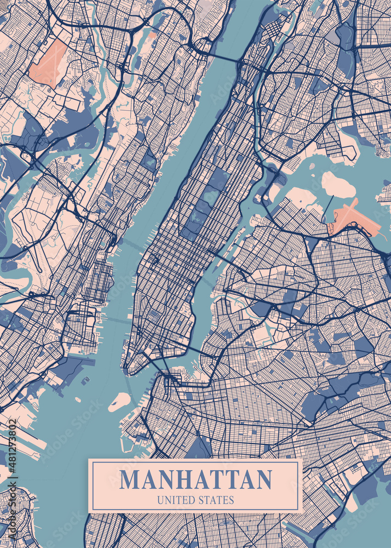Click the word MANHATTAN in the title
[x=196, y=479]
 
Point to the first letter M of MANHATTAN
[x=130, y=479]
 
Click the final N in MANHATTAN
[x=264, y=479]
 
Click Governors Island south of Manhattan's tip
[x=119, y=402]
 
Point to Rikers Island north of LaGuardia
[x=337, y=185]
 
